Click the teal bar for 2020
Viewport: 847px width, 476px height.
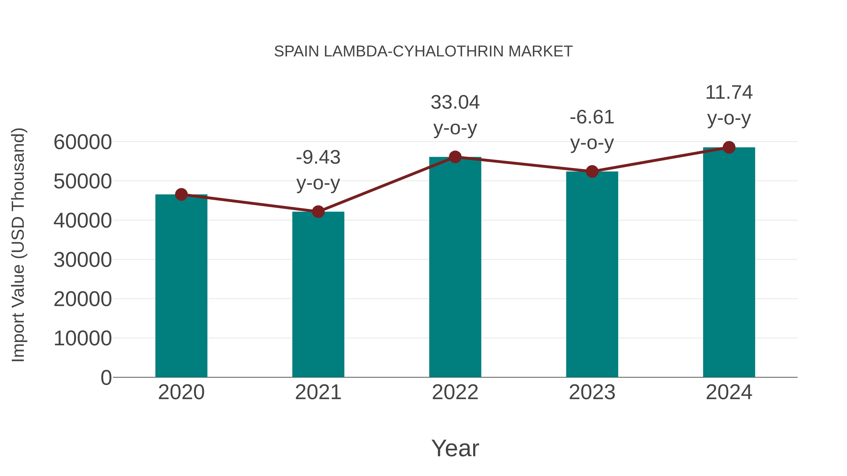[181, 286]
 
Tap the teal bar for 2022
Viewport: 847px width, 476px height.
[455, 267]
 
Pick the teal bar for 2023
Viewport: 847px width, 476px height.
[592, 274]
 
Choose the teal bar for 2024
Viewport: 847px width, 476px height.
[729, 262]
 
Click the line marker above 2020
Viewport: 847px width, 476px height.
[181, 194]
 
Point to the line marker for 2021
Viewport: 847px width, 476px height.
[318, 212]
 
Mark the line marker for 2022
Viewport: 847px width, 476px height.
[455, 157]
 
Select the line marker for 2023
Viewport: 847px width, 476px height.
[592, 172]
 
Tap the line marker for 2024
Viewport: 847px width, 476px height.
[729, 147]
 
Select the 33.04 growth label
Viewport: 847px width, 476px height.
[455, 102]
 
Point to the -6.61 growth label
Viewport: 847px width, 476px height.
[592, 117]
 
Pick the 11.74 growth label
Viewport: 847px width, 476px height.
[729, 93]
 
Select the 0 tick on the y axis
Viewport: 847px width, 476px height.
[106, 378]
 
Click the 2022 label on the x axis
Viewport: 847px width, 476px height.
[455, 392]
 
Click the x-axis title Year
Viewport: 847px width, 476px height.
[455, 448]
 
